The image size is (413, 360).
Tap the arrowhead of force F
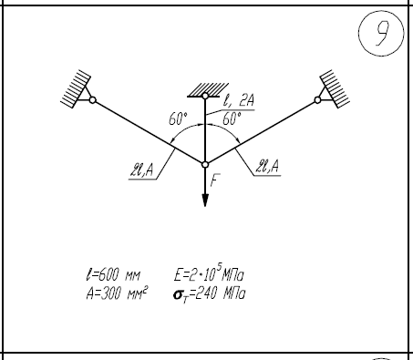click(205, 200)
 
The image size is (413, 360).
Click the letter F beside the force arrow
click(214, 180)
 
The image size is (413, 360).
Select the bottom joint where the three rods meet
click(205, 165)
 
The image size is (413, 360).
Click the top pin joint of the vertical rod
click(205, 96)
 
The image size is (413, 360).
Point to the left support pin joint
click(93, 100)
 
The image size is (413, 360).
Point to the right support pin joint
click(317, 100)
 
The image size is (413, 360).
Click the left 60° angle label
click(178, 118)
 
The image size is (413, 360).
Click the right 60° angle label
click(232, 118)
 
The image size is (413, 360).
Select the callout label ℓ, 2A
click(239, 100)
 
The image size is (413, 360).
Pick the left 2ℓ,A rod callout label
click(141, 170)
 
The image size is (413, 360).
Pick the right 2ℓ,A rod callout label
click(267, 166)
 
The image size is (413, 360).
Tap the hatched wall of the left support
click(76, 88)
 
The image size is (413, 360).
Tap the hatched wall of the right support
click(335, 88)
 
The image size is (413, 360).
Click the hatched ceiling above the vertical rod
click(208, 90)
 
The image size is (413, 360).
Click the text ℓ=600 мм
click(113, 275)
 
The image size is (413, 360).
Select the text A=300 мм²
click(117, 293)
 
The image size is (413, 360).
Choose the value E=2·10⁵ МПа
click(209, 273)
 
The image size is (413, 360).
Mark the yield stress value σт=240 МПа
click(209, 294)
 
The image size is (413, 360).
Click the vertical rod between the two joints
click(205, 130)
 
